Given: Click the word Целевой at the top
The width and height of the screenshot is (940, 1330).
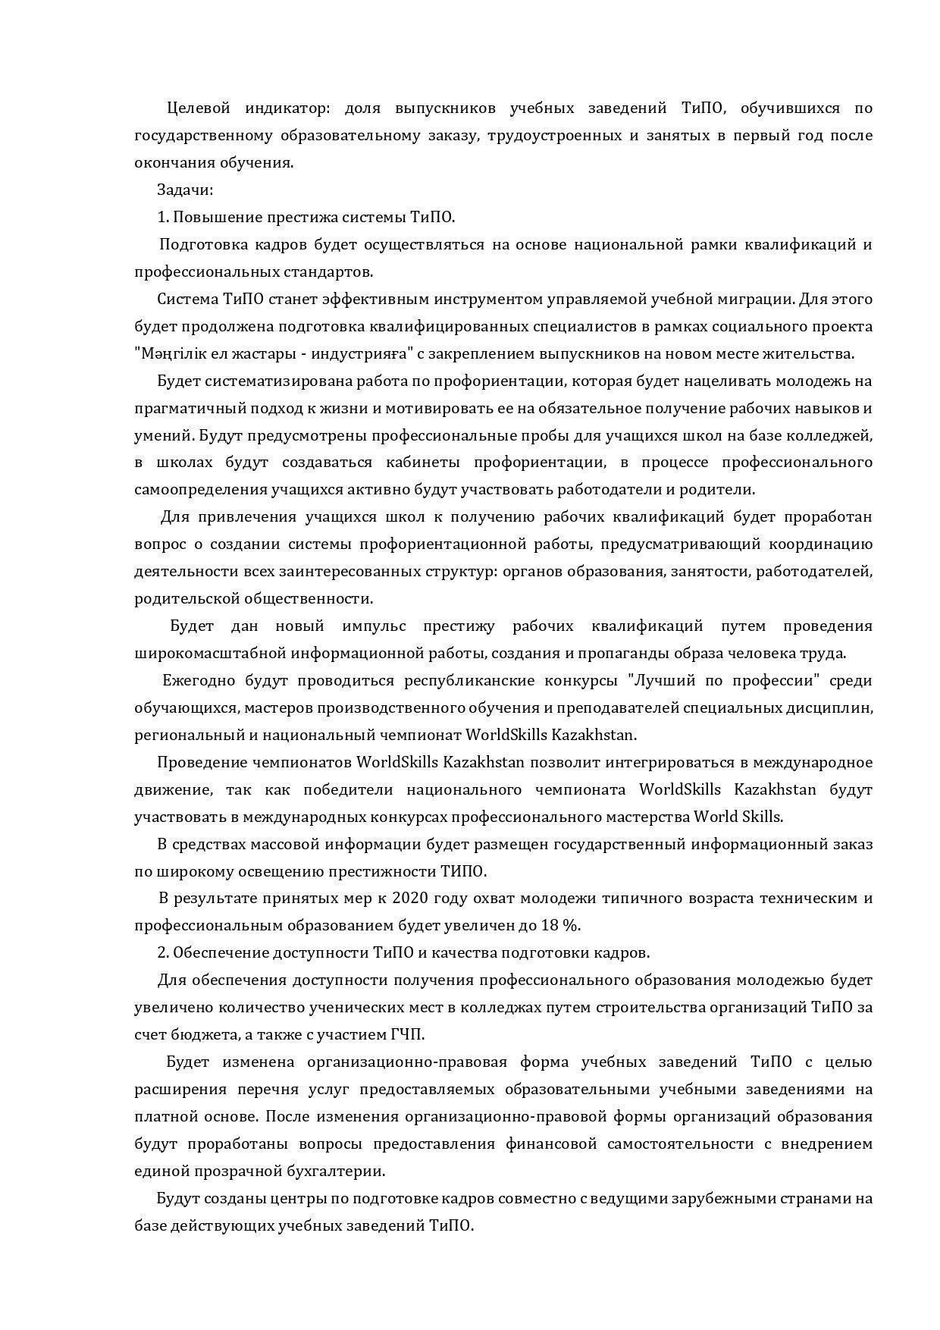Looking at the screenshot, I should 198,108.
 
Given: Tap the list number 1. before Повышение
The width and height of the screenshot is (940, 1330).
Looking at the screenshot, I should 163,218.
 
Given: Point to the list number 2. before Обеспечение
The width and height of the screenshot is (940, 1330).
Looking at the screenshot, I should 163,953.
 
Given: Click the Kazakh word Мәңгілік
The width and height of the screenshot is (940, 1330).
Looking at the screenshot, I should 168,354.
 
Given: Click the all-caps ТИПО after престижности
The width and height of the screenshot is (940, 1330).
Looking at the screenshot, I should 463,871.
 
